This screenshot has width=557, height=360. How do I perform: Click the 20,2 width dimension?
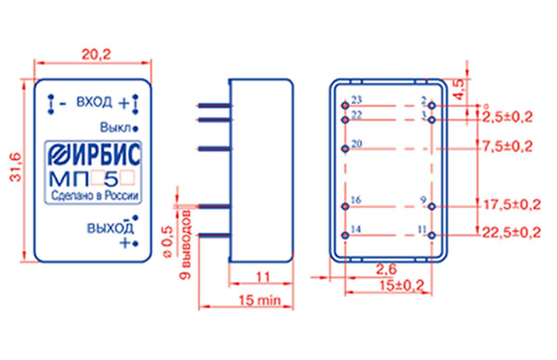[x=97, y=55]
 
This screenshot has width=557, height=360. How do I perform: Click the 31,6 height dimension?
[x=16, y=167]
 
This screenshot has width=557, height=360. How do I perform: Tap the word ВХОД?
[x=94, y=102]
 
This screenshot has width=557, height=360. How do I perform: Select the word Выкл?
[x=115, y=127]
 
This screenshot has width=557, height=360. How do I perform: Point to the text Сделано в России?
[x=95, y=195]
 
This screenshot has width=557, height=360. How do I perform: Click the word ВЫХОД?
[x=110, y=228]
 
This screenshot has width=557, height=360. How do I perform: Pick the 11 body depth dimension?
[x=263, y=276]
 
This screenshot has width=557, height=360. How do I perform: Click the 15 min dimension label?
[x=260, y=300]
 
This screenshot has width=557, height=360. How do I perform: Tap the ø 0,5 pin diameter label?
[x=167, y=241]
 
